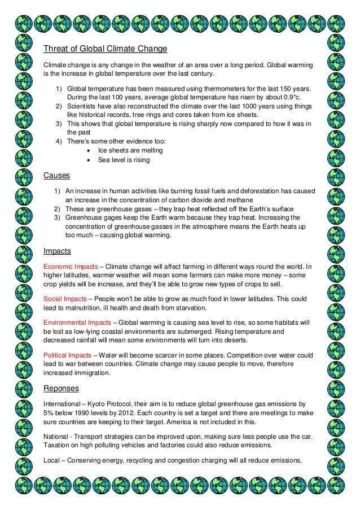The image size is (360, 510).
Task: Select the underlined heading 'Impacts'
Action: [x=57, y=251]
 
